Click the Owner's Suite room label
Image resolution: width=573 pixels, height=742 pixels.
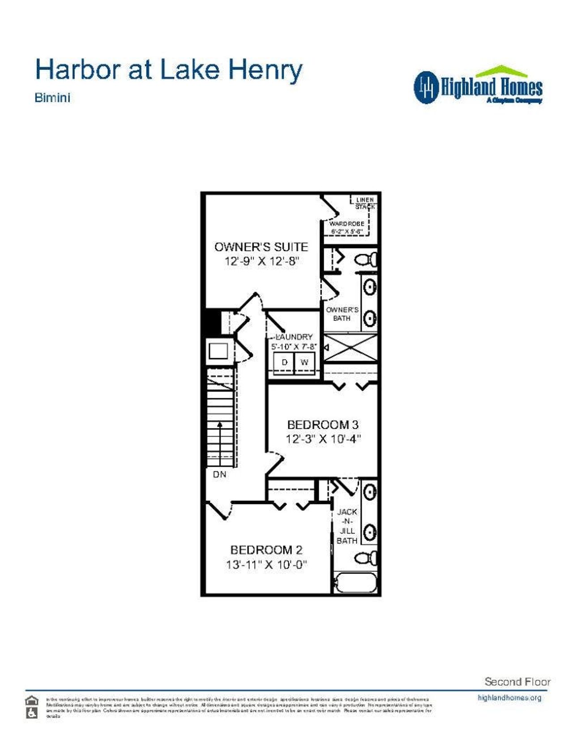[261, 247]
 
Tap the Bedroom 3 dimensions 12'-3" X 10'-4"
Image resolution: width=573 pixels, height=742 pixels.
[323, 439]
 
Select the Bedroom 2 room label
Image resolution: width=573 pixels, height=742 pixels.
[266, 550]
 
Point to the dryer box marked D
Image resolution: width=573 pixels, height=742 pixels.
[284, 362]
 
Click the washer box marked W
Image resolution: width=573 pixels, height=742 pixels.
[304, 362]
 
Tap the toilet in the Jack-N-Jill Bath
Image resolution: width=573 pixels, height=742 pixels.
[367, 558]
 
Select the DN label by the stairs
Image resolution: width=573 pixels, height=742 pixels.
[219, 475]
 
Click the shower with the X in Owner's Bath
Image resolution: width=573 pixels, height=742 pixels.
[351, 348]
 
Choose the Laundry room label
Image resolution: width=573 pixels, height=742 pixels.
[295, 337]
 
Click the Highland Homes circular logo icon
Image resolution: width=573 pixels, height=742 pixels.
[426, 87]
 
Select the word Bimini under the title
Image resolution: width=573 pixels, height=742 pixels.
[52, 98]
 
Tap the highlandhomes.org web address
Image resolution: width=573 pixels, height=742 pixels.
[509, 698]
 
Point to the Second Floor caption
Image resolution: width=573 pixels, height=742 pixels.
[517, 682]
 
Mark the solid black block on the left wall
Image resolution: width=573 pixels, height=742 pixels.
[213, 322]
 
